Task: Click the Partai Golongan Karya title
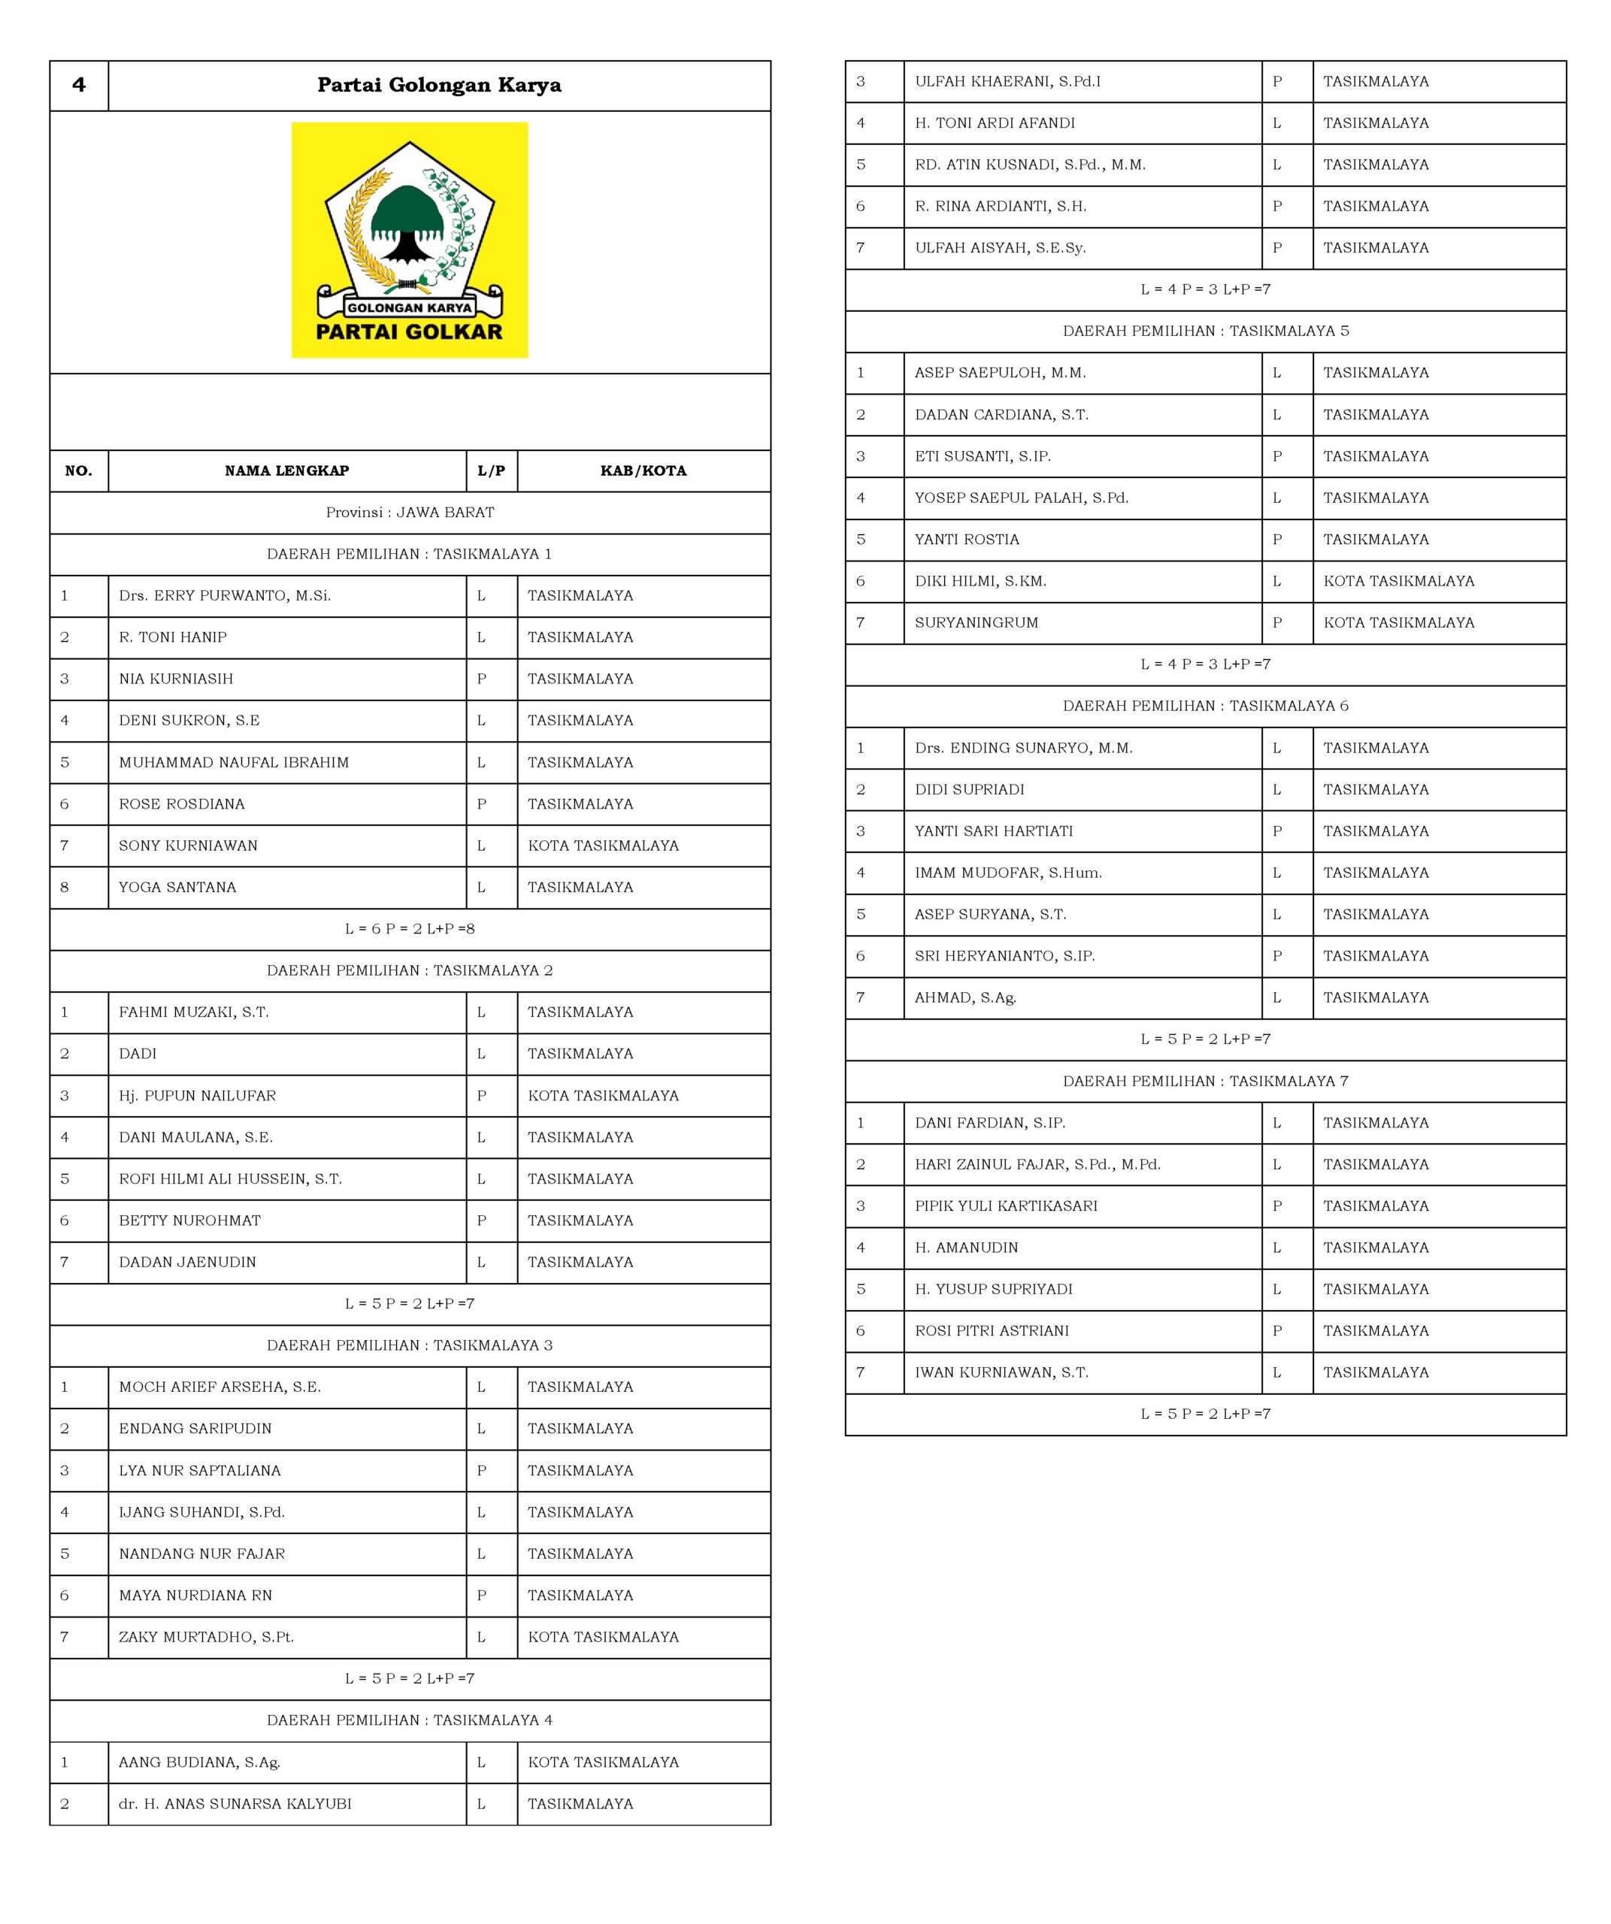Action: coord(439,85)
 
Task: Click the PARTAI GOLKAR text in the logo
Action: coord(409,331)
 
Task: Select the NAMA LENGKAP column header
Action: coord(287,471)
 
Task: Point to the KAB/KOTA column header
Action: coord(643,471)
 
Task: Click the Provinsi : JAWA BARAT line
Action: coord(410,512)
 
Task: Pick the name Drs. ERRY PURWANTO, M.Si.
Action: coord(225,595)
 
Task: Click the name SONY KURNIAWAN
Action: coord(188,846)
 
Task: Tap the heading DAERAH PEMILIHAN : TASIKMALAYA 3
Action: coord(410,1345)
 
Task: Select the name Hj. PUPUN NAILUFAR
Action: coord(197,1096)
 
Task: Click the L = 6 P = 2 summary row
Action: coord(410,929)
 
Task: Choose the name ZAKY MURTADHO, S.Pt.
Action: coord(206,1636)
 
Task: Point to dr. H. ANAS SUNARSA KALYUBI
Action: coord(235,1803)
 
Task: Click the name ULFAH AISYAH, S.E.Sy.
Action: coord(1000,247)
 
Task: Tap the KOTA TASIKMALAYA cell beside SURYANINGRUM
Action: coord(1398,623)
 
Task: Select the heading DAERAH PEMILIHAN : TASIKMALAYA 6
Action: coord(1205,706)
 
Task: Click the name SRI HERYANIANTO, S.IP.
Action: coord(1004,955)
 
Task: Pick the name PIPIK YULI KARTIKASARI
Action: coord(1005,1206)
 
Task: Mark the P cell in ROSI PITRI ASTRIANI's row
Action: coord(1276,1330)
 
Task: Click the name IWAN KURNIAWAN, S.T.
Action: coord(1001,1372)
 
